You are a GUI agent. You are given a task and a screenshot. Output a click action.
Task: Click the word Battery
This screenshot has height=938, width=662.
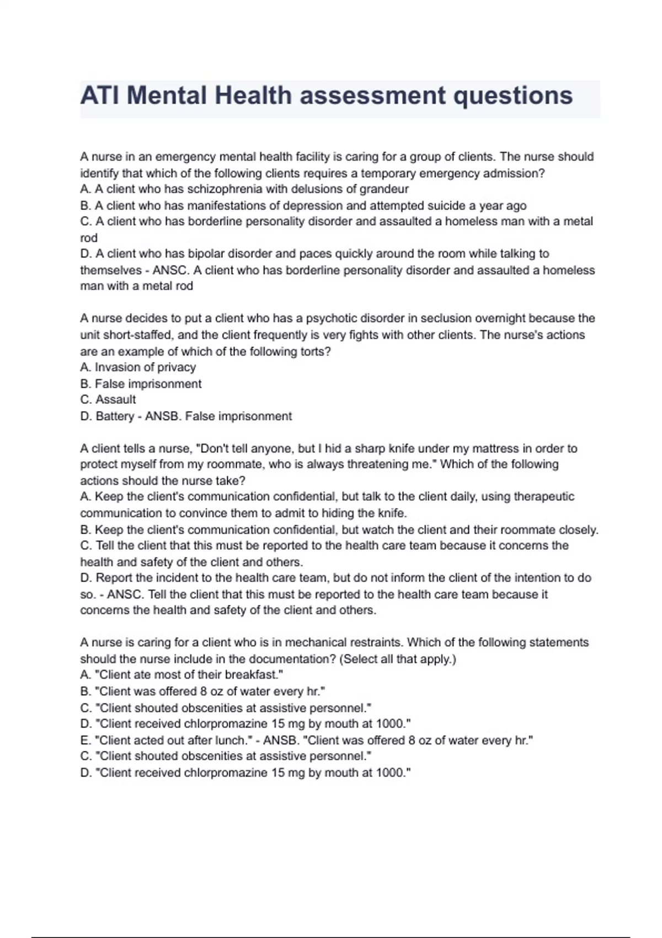(115, 417)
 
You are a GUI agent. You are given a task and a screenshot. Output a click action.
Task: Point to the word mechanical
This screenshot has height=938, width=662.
(320, 642)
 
